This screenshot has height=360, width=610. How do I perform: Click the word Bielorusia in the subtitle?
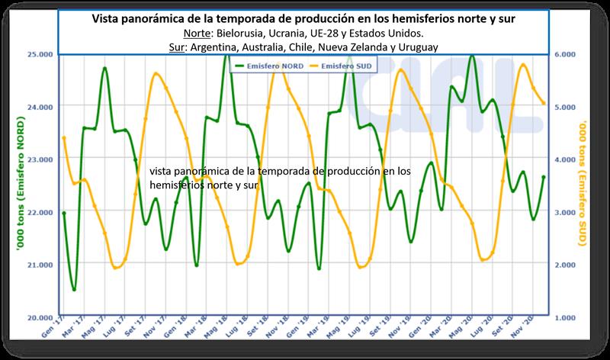[x=237, y=34]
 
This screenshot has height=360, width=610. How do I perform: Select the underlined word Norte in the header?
[x=199, y=34]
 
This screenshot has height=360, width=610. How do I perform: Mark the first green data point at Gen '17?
[x=64, y=214]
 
